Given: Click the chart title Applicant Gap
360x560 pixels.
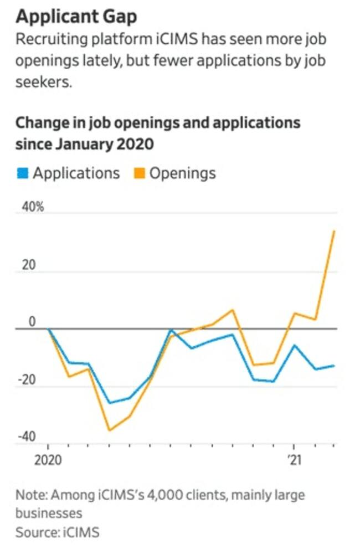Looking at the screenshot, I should click(76, 17).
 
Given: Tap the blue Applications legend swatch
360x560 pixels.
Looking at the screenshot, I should click(23, 173).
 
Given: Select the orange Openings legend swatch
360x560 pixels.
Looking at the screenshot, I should click(140, 173).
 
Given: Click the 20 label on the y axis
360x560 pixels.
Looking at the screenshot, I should click(29, 265).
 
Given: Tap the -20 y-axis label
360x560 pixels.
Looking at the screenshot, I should click(26, 380).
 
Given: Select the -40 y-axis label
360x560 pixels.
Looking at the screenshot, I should click(26, 437).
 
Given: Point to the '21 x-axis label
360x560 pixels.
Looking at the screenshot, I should click(294, 460).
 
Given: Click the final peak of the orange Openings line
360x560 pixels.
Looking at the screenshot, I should click(334, 231).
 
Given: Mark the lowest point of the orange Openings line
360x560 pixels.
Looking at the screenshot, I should click(109, 430).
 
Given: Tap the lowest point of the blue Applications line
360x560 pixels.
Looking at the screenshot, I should click(110, 403).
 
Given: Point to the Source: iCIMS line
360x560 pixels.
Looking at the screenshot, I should click(57, 532).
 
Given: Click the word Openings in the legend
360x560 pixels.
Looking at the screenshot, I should click(183, 173).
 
